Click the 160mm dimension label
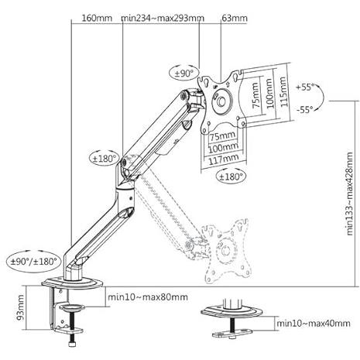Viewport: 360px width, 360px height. (x=97, y=18)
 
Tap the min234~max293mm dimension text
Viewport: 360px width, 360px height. (x=163, y=18)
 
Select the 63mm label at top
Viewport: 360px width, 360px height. (x=235, y=18)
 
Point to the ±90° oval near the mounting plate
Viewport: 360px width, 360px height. (x=184, y=74)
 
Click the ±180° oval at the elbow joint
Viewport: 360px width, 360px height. (x=105, y=158)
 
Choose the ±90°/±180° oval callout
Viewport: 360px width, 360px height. (x=33, y=262)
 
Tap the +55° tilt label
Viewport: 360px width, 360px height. (x=305, y=87)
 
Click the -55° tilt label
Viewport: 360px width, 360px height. (x=305, y=109)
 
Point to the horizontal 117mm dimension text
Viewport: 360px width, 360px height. (x=223, y=159)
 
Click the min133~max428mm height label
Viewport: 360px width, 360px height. (x=349, y=194)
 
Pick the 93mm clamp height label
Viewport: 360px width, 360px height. (x=20, y=307)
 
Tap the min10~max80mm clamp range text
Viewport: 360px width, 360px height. (x=148, y=297)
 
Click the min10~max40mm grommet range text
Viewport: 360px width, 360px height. (x=314, y=323)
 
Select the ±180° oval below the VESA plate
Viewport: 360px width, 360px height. (x=231, y=177)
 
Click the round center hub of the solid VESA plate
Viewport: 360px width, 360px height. (x=221, y=101)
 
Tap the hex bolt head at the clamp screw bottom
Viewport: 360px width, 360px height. (x=72, y=345)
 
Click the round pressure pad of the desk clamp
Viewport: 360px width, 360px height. (x=72, y=307)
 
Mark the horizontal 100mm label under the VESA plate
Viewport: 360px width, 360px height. (x=223, y=147)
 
